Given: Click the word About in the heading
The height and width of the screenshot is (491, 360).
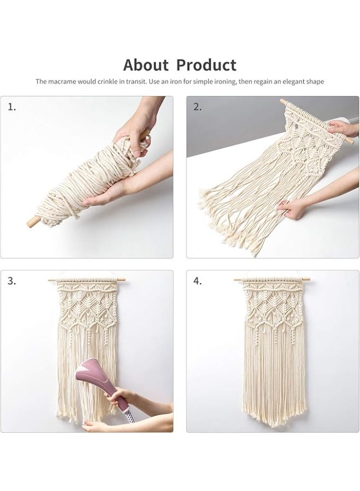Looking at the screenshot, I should [x=146, y=65].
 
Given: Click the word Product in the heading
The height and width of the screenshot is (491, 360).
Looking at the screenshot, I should [x=206, y=65].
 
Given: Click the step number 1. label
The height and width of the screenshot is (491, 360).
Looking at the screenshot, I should [x=11, y=107].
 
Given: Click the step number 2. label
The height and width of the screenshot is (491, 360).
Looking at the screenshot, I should [x=197, y=107].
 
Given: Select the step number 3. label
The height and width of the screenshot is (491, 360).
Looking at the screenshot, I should [x=11, y=282].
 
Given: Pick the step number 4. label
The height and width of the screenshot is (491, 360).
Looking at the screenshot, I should [x=197, y=282].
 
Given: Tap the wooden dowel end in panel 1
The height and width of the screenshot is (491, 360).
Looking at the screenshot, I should [x=33, y=222].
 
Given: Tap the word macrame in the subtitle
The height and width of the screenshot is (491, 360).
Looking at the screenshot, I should [x=71, y=81].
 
